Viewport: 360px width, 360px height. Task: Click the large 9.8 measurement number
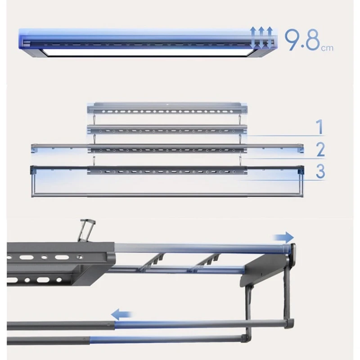pyautogui.click(x=302, y=40)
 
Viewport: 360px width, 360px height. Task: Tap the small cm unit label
pyautogui.click(x=327, y=48)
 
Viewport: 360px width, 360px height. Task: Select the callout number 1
pyautogui.click(x=320, y=127)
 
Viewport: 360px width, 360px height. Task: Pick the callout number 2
pyautogui.click(x=320, y=149)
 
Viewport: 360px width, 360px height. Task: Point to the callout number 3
pyautogui.click(x=320, y=171)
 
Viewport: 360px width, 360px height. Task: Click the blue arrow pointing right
pyautogui.click(x=283, y=237)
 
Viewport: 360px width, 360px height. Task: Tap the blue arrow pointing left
pyautogui.click(x=121, y=314)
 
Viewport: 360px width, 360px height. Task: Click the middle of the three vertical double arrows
pyautogui.click(x=261, y=38)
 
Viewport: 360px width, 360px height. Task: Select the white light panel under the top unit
pyautogui.click(x=147, y=52)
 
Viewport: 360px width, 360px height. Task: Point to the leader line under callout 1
pyautogui.click(x=283, y=136)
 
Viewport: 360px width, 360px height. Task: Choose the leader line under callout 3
pyautogui.click(x=281, y=180)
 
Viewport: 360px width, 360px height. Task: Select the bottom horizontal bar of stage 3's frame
pyautogui.click(x=167, y=195)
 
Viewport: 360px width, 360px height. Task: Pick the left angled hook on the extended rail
pyautogui.click(x=151, y=261)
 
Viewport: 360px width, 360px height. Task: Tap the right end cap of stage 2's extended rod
pyautogui.click(x=300, y=148)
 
